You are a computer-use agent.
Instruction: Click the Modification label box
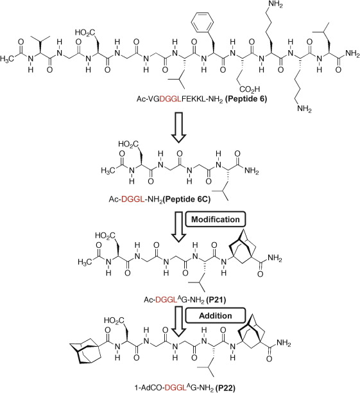tap(215, 220)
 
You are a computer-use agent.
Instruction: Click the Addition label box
tap(215, 315)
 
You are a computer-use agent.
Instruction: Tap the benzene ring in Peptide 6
tap(202, 21)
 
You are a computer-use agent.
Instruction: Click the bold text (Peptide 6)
tap(246, 99)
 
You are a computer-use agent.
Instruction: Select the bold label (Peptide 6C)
tap(187, 199)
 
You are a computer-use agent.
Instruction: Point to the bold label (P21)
tap(216, 299)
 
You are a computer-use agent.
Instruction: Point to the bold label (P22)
tap(225, 389)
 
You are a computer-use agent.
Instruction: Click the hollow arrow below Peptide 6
tap(178, 128)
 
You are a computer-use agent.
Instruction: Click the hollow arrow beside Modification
tap(178, 227)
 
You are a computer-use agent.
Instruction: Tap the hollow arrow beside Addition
tap(178, 322)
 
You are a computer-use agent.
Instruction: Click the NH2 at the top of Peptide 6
tap(275, 4)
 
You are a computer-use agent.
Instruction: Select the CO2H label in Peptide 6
tap(250, 89)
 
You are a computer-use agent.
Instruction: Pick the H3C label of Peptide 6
tap(7, 59)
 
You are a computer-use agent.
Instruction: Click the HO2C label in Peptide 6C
tap(128, 144)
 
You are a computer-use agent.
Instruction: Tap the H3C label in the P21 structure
tap(85, 262)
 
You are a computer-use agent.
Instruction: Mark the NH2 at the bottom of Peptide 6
tap(304, 109)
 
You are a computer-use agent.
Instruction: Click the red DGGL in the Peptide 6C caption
tap(133, 200)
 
